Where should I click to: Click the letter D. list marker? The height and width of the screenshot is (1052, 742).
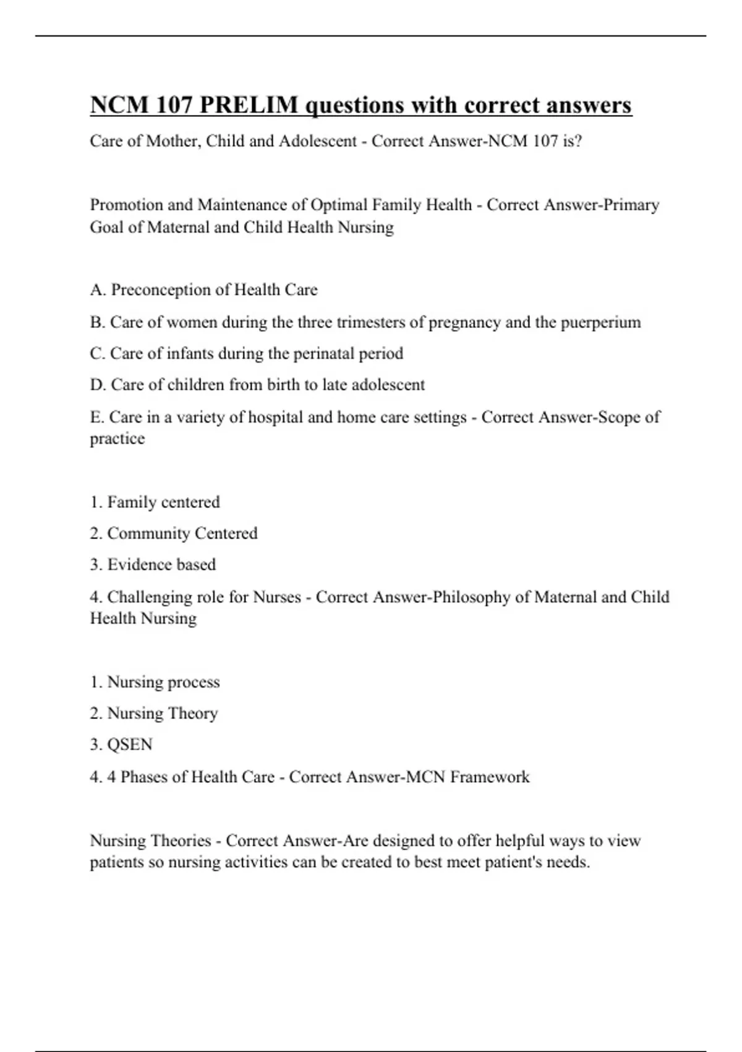point(98,385)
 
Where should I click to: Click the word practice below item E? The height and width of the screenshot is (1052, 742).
point(117,439)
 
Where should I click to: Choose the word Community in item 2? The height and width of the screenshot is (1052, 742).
point(148,533)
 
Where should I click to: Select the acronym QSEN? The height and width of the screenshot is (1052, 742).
point(130,744)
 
